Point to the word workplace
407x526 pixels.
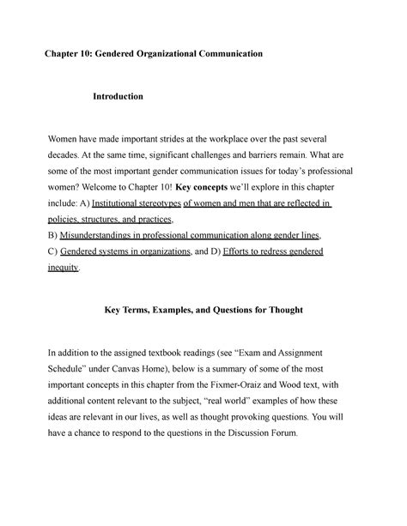coord(253,139)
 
